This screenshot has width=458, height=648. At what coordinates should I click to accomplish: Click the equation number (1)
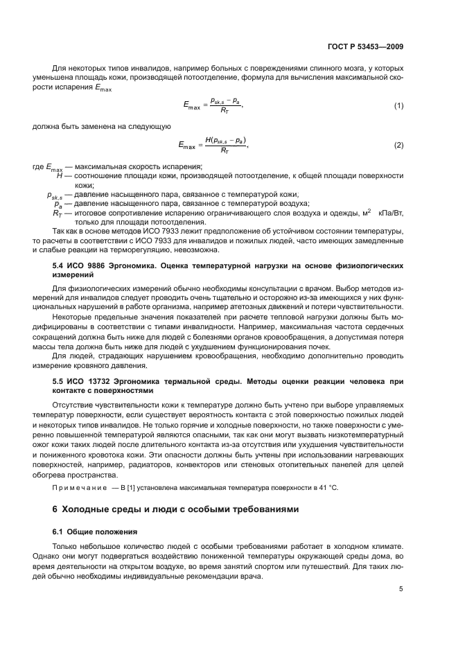398,105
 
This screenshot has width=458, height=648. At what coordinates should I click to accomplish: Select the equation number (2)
398,146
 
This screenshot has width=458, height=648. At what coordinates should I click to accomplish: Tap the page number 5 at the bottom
401,589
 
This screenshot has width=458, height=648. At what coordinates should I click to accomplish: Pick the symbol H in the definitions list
60,176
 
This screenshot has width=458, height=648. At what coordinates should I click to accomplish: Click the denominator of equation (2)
224,150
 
